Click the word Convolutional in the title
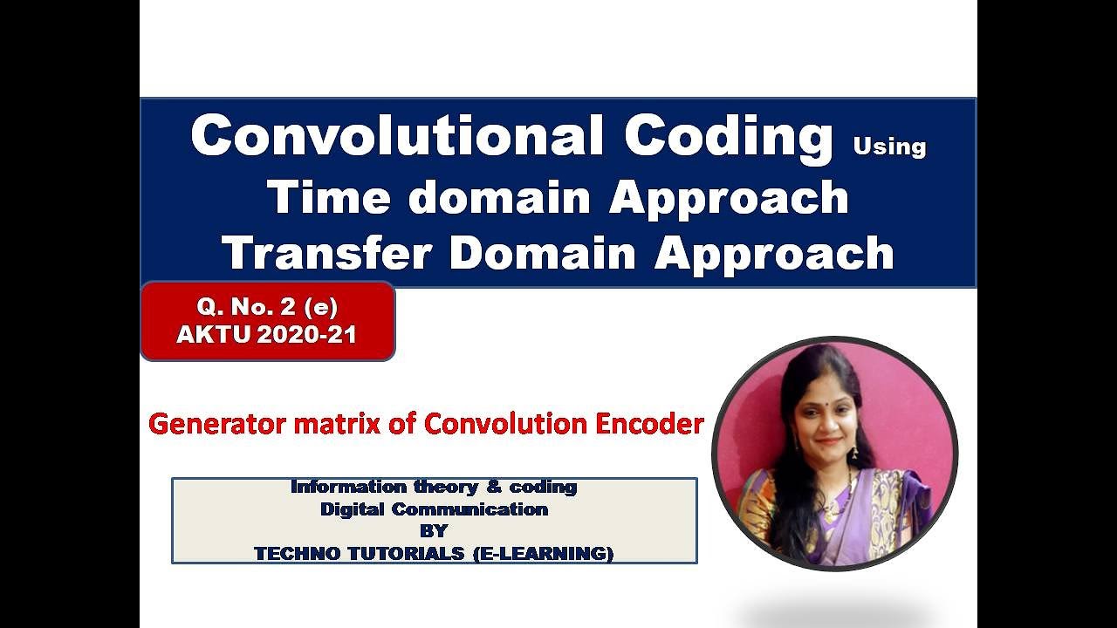pos(397,136)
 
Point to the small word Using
pos(889,147)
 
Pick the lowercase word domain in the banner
pos(499,196)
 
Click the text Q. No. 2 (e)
pos(268,307)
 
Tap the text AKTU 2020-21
pos(267,335)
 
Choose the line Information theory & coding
pos(434,487)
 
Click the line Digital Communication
pos(434,509)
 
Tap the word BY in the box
pos(434,530)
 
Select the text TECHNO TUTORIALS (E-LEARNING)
pos(434,553)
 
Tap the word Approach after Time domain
pos(729,196)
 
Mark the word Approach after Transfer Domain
pos(774,253)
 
